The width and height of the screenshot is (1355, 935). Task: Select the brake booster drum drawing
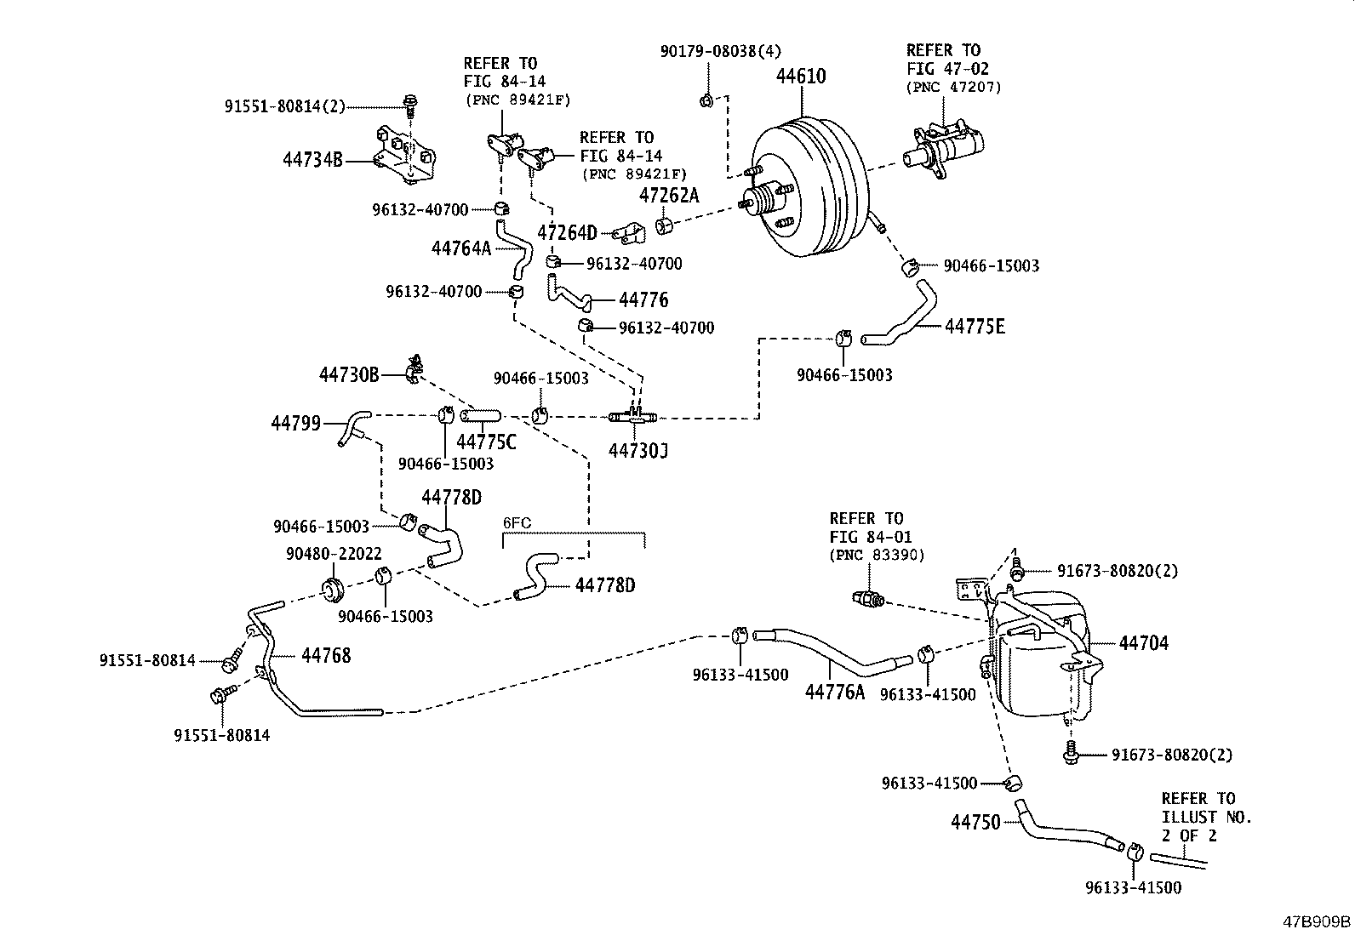pos(809,191)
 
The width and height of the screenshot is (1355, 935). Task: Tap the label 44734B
pos(313,159)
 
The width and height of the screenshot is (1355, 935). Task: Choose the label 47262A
pos(668,196)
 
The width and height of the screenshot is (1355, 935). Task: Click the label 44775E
pos(975,326)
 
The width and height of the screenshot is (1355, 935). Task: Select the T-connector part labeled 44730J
pos(632,416)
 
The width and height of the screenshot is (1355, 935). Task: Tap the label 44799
pos(295,422)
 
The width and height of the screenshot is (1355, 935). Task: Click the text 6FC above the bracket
pos(517,522)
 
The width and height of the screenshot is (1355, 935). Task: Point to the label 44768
pos(325,655)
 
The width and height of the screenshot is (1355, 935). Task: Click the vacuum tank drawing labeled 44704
pos(1038,655)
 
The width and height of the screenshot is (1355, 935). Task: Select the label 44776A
pos(834,692)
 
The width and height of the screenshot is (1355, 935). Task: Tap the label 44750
pos(975,822)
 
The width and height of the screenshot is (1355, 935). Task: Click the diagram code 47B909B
pos(1317,921)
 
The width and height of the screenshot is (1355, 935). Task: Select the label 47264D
pos(567,232)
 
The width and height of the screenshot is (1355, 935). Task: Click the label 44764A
pos(461,248)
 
